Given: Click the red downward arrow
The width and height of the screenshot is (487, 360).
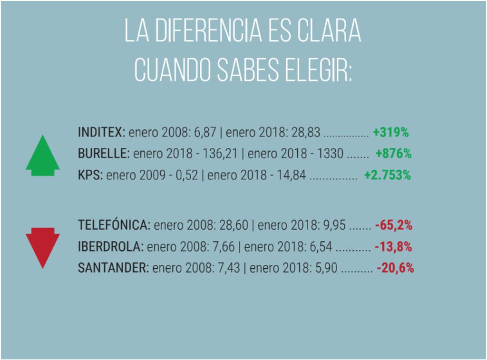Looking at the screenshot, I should (x=43, y=247).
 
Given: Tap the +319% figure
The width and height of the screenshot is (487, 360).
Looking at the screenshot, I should (x=391, y=132).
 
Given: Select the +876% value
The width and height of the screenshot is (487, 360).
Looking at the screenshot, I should (x=393, y=154).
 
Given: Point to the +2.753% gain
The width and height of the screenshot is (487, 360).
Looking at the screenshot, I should (x=387, y=175).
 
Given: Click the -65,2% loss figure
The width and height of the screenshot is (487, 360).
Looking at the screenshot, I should (x=393, y=225).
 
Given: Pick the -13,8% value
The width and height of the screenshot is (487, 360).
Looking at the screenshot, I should (x=393, y=247).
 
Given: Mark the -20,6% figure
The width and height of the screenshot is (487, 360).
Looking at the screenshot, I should (x=395, y=268).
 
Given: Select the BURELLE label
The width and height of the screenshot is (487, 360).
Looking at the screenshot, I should (x=103, y=154).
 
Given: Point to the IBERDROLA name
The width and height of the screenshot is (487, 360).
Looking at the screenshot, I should (x=110, y=247).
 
